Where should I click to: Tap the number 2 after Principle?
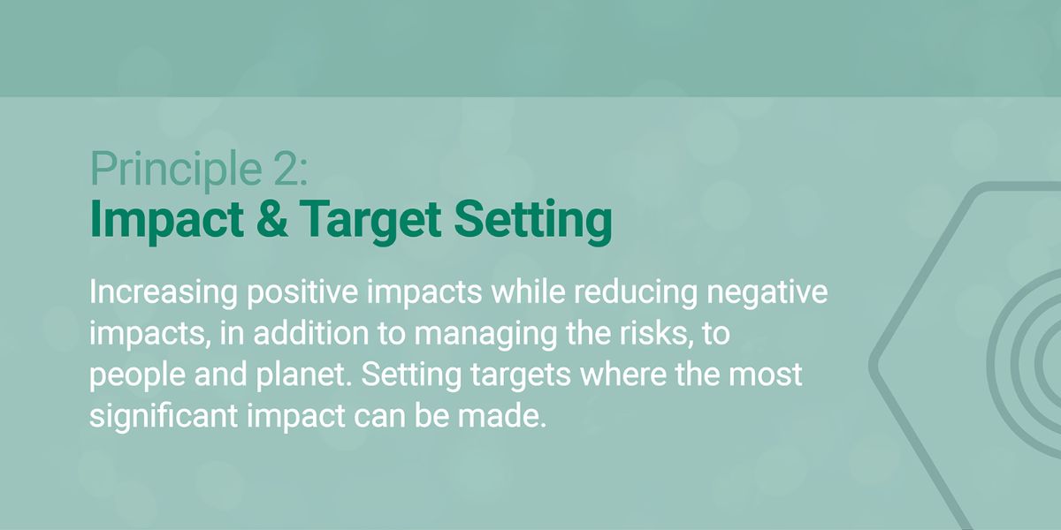pos(286,169)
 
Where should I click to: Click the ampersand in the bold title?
pos(272,218)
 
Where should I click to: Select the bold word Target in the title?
pos(370,222)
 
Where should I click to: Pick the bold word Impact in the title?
pos(167,222)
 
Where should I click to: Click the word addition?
pos(311,333)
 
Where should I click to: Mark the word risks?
pos(654,334)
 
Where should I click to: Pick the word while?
pos(528,291)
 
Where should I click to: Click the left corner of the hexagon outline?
pos(873,364)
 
